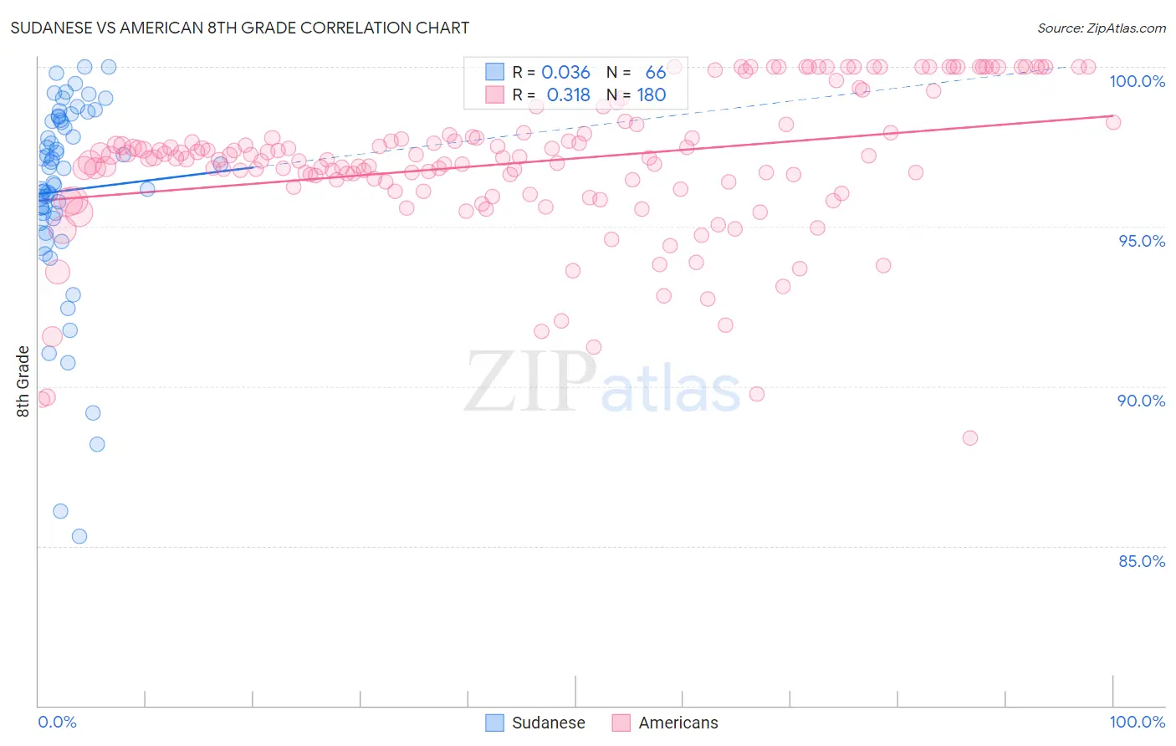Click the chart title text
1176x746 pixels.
pyautogui.click(x=239, y=28)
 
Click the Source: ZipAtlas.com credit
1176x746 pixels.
pyautogui.click(x=1101, y=28)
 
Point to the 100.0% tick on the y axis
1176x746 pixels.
pyautogui.click(x=1137, y=81)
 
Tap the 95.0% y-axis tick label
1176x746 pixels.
pyautogui.click(x=1141, y=241)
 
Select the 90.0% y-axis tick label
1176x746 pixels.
pyautogui.click(x=1141, y=401)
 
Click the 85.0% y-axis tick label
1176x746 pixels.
pyautogui.click(x=1141, y=561)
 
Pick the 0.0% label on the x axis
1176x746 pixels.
pyautogui.click(x=57, y=722)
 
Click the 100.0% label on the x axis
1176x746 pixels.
pyautogui.click(x=1137, y=722)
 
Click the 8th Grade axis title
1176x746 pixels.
pyautogui.click(x=23, y=381)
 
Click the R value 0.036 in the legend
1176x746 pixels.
pyautogui.click(x=565, y=73)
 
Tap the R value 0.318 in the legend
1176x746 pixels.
pyautogui.click(x=568, y=95)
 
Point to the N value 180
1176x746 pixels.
pyautogui.click(x=652, y=95)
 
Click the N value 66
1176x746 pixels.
pyautogui.click(x=656, y=73)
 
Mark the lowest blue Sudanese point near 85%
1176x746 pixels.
pyautogui.click(x=79, y=536)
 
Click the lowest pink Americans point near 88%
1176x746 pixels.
pyautogui.click(x=970, y=437)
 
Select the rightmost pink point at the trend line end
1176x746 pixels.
pyautogui.click(x=1113, y=122)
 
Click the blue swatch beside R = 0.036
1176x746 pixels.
pyautogui.click(x=495, y=72)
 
